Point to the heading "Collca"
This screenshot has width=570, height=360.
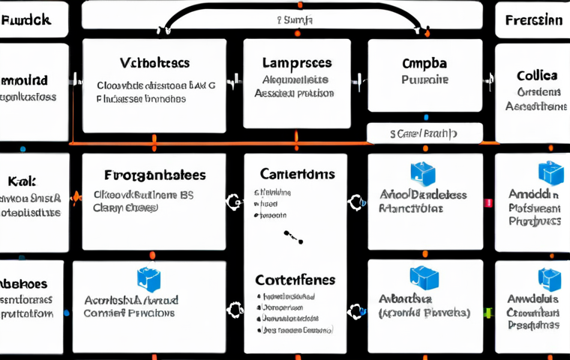point(536,76)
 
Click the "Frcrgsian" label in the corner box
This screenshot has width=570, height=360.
point(533,20)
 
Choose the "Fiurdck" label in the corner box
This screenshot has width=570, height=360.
point(26,20)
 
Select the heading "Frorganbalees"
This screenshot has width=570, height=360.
point(154,175)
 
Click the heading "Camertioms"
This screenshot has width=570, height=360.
point(297,174)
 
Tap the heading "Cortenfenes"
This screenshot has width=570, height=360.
point(295,280)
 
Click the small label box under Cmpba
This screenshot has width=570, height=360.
point(423,133)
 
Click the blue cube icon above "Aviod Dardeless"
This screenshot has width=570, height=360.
point(423,174)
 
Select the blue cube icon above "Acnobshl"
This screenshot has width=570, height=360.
point(148,279)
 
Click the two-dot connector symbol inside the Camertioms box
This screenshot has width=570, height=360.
point(293,237)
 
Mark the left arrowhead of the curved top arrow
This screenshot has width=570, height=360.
point(160,31)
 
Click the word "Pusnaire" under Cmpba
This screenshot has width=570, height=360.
point(424,79)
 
